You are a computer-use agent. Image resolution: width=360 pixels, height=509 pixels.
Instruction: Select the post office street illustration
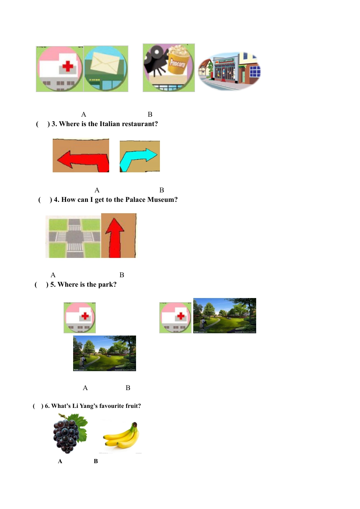230,71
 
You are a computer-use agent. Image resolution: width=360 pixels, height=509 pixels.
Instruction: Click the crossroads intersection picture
73,237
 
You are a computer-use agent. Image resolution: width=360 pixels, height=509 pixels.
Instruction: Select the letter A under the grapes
60,461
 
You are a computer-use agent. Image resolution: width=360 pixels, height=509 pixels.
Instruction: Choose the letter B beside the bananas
96,461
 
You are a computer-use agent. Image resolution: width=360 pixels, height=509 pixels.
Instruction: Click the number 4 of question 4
56,200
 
